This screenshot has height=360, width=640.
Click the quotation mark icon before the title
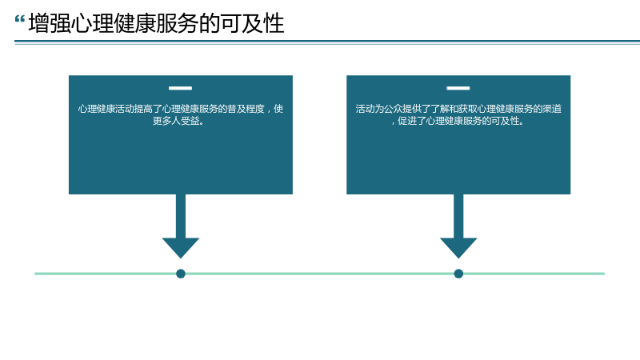[19, 19]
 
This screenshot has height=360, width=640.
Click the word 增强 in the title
[50, 23]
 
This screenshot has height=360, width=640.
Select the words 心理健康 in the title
[114, 23]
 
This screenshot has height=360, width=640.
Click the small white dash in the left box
[181, 88]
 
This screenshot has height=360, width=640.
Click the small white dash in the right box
[458, 88]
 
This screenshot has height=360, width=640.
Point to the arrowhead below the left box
[181, 248]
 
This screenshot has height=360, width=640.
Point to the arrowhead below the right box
[458, 248]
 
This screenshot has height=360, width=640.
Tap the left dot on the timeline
[181, 274]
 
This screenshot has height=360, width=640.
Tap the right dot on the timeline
[458, 274]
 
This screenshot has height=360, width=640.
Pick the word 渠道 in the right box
[552, 109]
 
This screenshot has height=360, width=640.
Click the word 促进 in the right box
[407, 121]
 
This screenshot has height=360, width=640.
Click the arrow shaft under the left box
[181, 216]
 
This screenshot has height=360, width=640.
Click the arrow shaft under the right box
[458, 216]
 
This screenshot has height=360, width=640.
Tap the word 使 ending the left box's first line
[278, 109]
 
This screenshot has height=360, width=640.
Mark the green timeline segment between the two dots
[319, 274]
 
